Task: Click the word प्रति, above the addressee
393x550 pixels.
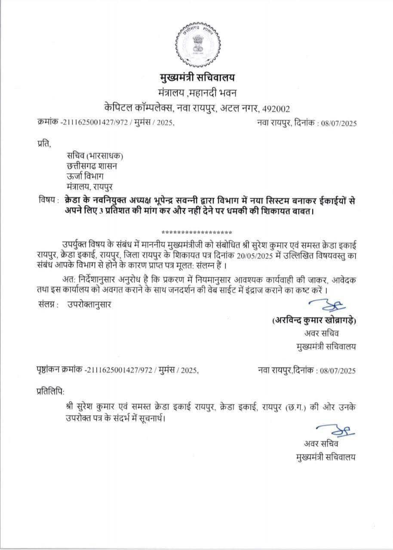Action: click(44, 144)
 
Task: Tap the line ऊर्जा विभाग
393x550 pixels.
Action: click(85, 177)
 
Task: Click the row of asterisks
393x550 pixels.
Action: click(196, 230)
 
